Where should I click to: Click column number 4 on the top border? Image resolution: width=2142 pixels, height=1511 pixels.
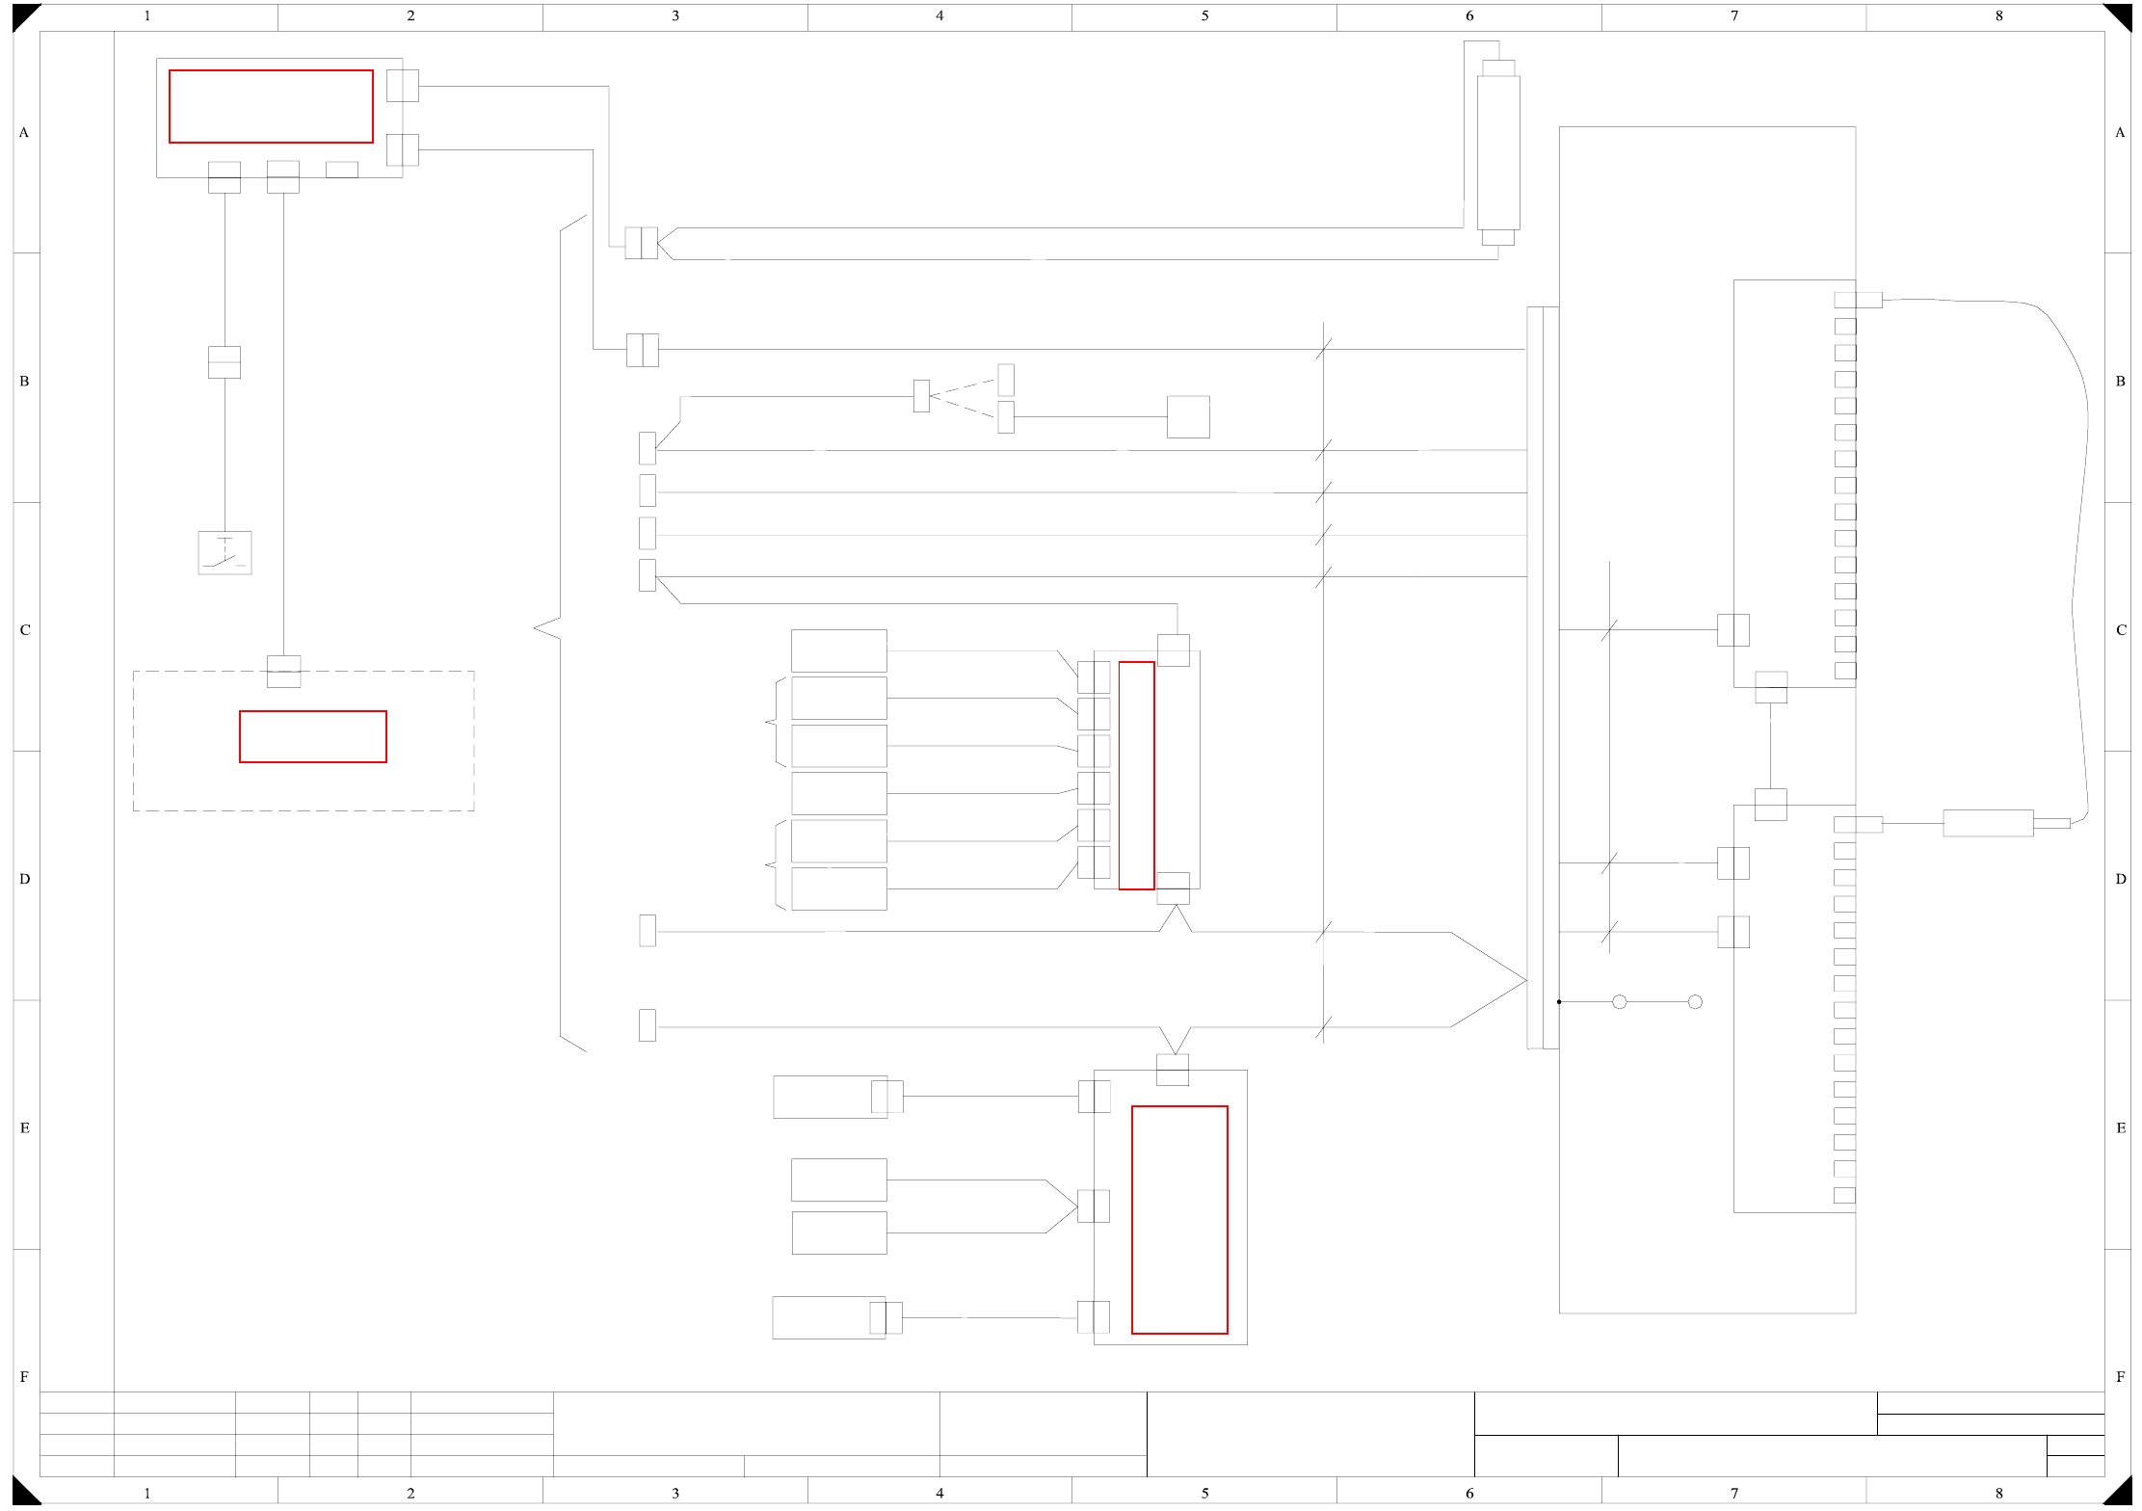pos(939,15)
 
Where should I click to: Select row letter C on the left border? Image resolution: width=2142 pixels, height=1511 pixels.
pos(25,630)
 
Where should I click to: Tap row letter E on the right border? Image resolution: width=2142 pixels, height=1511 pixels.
pos(2120,1128)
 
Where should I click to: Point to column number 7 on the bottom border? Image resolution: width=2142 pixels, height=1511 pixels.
pos(1734,1493)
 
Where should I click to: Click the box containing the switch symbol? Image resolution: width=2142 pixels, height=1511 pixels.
pos(225,553)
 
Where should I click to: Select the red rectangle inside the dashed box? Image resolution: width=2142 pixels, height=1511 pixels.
pos(313,737)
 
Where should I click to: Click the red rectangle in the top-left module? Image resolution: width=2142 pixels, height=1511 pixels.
pos(271,106)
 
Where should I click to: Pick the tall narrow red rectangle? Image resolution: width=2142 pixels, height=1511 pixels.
pos(1136,776)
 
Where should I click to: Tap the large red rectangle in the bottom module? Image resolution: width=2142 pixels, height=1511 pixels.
pos(1179,1220)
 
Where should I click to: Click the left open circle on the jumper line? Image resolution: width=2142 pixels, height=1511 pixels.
pos(1620,1002)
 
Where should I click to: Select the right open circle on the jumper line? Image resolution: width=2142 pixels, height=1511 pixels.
pos(1695,1002)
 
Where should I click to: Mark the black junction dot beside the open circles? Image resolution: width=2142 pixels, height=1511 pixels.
pos(1559,1002)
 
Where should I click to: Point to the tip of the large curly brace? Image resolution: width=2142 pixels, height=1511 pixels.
pos(536,628)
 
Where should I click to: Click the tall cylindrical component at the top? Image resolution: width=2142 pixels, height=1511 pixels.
pos(1498,152)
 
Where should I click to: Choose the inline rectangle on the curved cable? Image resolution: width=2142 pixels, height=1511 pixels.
pos(1988,824)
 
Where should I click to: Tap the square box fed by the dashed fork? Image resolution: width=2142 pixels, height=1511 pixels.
pos(1188,417)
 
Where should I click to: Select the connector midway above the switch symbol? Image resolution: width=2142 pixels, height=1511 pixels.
pos(225,362)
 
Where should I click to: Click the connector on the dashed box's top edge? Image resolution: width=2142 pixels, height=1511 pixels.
pos(283,672)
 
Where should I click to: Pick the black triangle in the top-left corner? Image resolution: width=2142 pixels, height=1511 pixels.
pos(23,14)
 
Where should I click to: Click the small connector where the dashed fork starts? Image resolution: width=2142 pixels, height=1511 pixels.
pos(921,396)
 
